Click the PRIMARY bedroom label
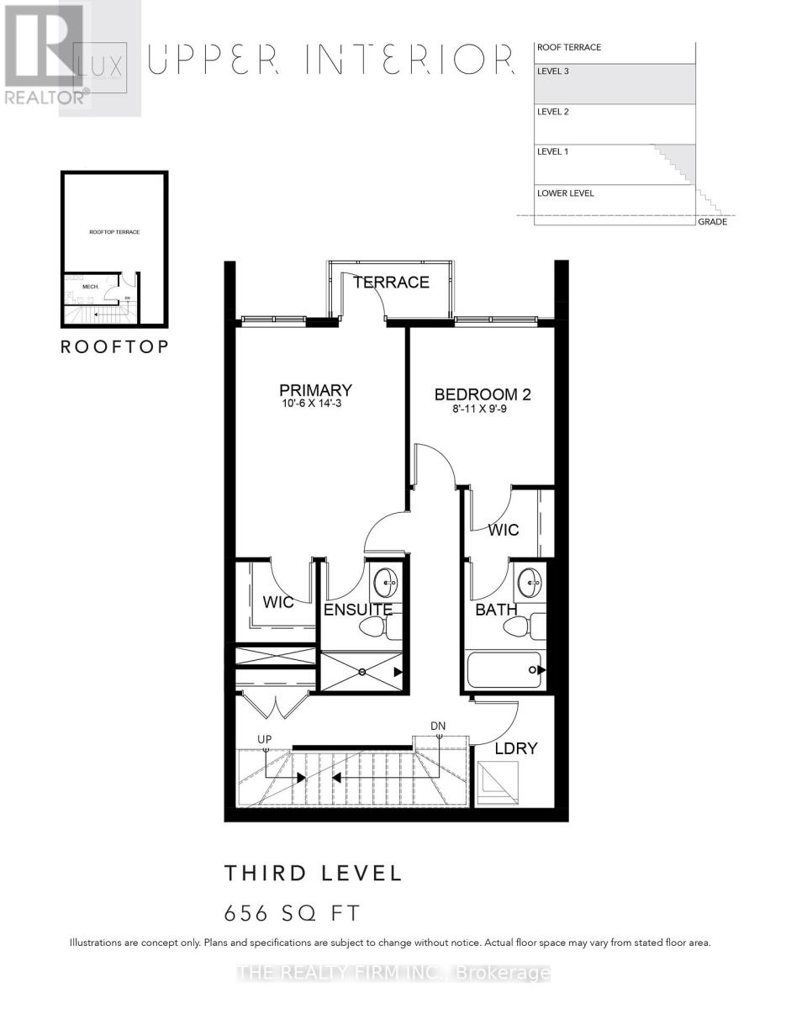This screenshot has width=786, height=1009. point(315,390)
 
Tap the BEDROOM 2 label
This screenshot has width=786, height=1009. point(482,394)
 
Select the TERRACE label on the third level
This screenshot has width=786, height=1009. point(391,283)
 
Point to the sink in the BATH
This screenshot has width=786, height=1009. point(530,579)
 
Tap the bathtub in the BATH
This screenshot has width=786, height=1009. point(504,670)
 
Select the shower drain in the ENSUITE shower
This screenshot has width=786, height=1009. point(361,672)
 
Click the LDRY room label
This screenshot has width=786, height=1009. point(515,748)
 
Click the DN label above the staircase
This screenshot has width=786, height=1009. point(438,725)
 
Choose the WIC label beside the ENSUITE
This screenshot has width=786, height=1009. point(277,603)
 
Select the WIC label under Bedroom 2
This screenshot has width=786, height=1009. point(504,531)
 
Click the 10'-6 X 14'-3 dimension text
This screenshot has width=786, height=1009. point(315,406)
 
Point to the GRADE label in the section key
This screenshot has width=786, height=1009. point(712,222)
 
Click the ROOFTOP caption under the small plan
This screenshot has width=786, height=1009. point(114,346)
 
